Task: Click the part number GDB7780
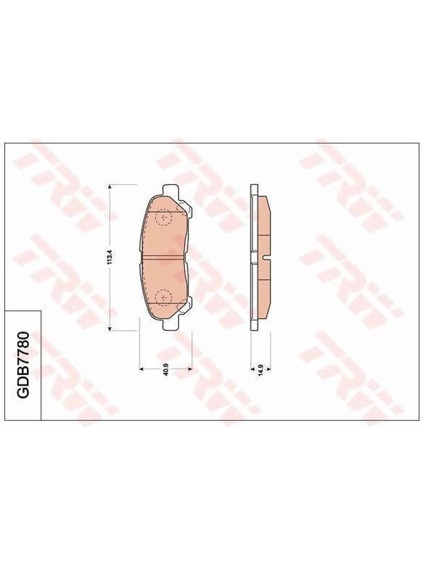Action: (23, 365)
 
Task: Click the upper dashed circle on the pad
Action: (164, 218)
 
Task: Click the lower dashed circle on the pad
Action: (164, 297)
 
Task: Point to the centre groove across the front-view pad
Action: (164, 257)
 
